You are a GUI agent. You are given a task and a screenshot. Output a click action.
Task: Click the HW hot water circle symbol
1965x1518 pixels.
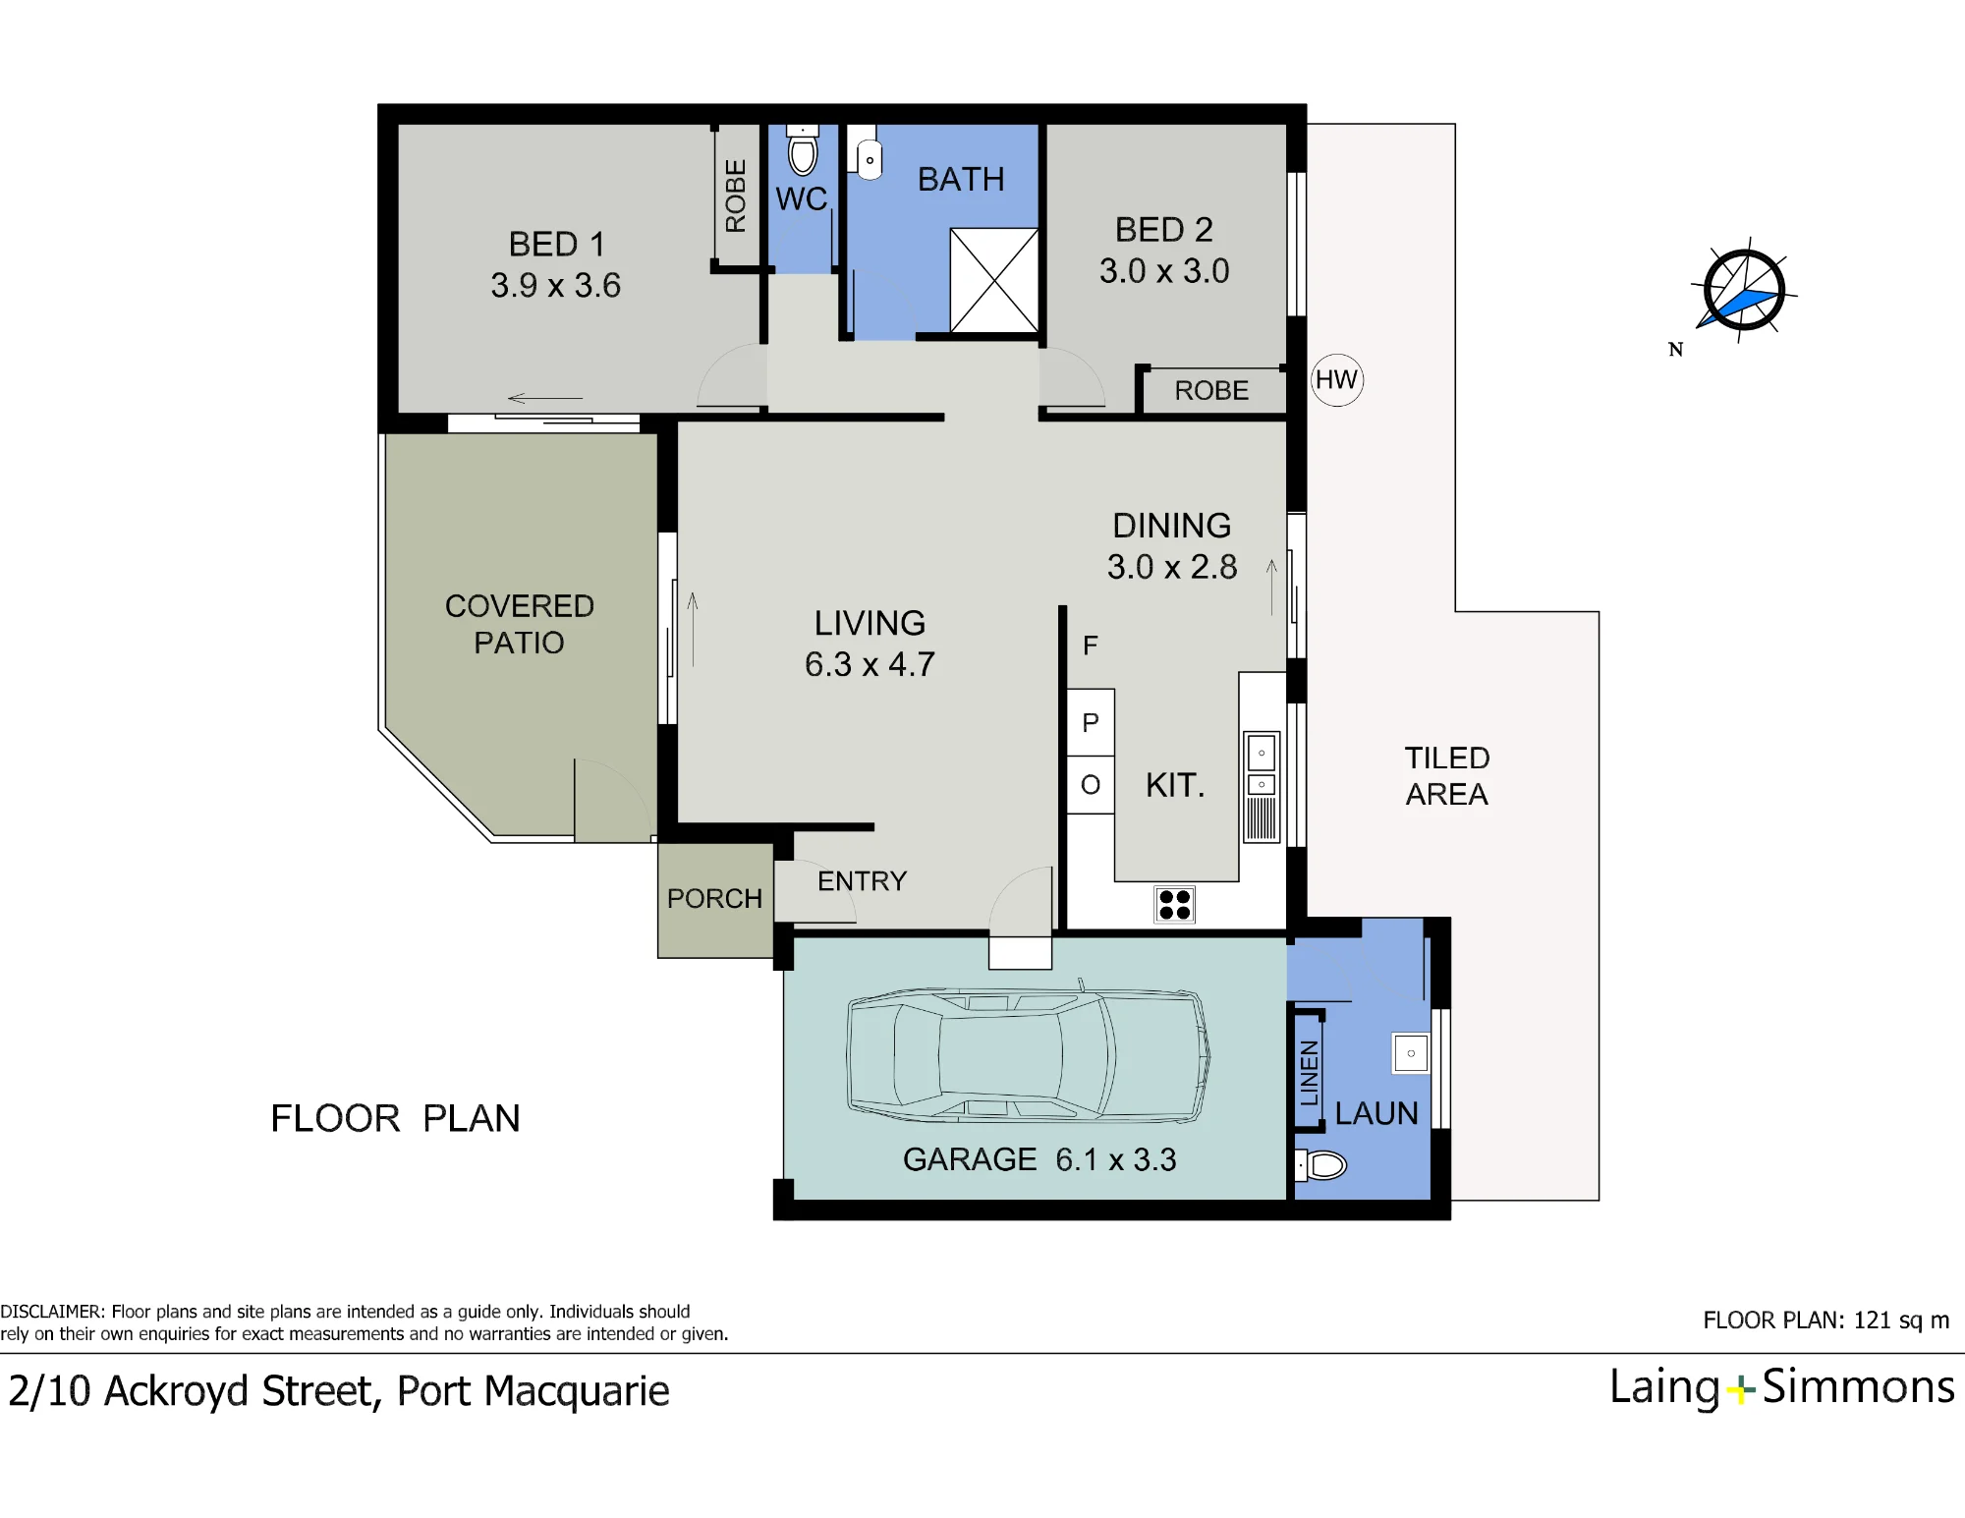click(1336, 380)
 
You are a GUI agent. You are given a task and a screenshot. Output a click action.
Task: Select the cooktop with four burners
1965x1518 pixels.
click(1174, 905)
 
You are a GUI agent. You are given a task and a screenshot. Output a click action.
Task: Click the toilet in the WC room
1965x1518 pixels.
click(803, 151)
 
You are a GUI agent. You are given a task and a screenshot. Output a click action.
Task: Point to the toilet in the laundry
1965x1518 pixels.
click(1320, 1165)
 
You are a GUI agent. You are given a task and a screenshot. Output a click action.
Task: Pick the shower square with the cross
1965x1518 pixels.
click(994, 281)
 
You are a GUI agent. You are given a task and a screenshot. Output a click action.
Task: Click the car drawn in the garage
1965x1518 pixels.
click(1028, 1056)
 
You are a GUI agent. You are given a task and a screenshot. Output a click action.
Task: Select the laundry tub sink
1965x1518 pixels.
click(1411, 1053)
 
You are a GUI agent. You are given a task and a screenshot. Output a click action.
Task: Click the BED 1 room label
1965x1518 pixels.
click(556, 244)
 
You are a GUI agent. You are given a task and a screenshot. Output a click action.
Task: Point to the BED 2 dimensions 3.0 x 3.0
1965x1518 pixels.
click(1164, 271)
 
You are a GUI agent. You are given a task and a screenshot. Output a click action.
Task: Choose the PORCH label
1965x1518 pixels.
click(714, 898)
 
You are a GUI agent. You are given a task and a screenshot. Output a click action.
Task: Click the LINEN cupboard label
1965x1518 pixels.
click(1309, 1073)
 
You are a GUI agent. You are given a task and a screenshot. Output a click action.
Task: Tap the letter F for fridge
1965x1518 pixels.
click(1090, 646)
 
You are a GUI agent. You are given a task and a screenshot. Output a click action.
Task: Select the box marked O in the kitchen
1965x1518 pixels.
click(1091, 785)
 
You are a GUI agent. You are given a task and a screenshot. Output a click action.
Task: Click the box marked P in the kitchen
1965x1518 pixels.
click(1091, 722)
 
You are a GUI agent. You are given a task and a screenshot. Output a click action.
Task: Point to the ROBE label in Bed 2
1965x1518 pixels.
click(1211, 391)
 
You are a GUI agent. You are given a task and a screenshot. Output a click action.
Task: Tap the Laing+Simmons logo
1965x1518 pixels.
click(1781, 1387)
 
